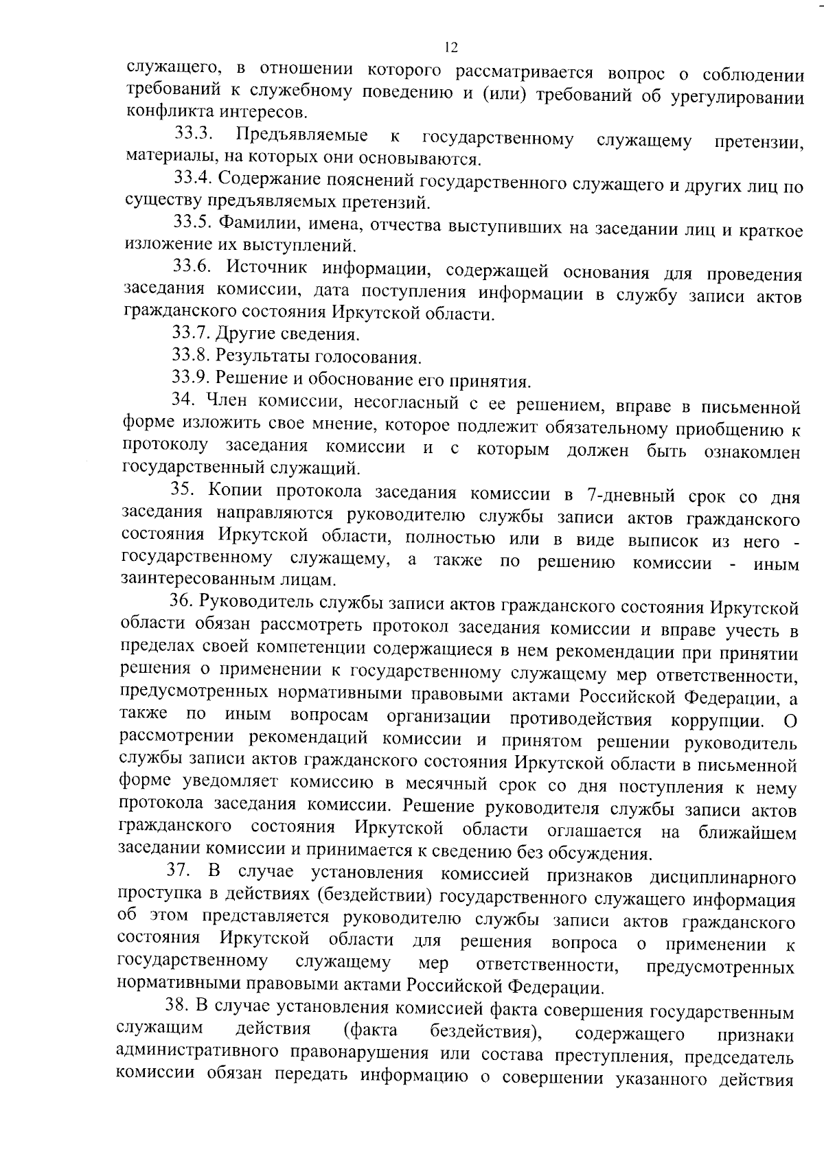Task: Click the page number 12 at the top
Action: [x=450, y=47]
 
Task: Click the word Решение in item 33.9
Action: [x=247, y=380]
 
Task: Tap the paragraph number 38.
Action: [x=178, y=1007]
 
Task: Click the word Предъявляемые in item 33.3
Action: [x=301, y=135]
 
